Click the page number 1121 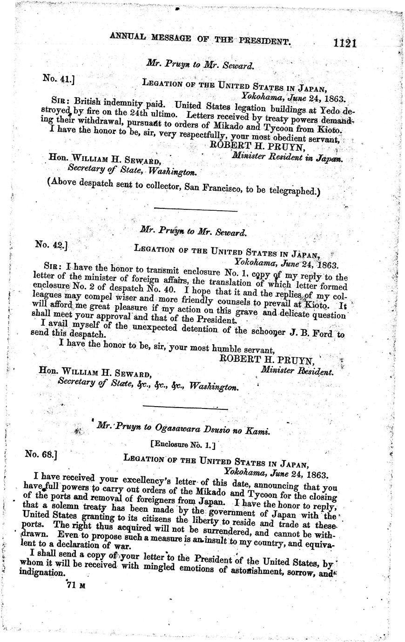coord(344,43)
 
